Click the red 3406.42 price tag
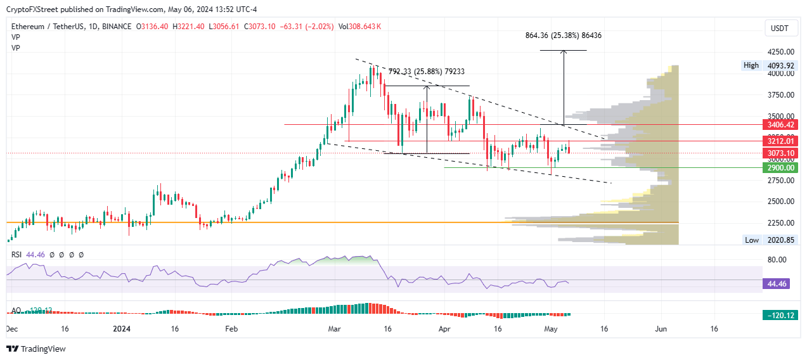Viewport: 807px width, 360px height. [781, 125]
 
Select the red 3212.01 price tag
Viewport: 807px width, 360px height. [781, 141]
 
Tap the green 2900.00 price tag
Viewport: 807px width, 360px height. [781, 168]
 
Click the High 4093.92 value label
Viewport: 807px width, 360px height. [779, 65]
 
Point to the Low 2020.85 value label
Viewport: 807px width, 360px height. [779, 240]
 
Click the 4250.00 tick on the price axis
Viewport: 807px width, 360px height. [781, 52]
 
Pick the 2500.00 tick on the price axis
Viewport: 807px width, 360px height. [781, 202]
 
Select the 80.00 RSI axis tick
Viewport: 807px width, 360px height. [776, 260]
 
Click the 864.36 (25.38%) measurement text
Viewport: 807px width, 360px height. [564, 35]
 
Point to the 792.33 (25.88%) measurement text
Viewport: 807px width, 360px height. [426, 72]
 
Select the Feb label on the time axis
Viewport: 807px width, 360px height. [231, 330]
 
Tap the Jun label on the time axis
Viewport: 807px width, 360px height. [661, 330]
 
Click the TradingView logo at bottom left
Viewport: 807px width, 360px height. [36, 349]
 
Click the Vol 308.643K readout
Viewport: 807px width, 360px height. [360, 27]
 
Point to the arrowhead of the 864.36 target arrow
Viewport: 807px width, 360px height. [564, 51]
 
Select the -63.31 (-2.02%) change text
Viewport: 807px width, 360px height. [309, 27]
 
